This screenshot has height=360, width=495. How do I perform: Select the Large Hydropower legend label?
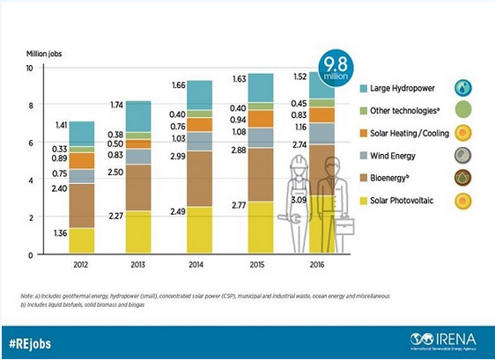(x=404, y=89)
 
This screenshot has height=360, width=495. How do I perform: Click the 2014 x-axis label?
(x=200, y=263)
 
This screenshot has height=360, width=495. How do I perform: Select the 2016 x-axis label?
(x=318, y=263)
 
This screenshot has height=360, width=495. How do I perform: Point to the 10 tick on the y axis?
(x=30, y=68)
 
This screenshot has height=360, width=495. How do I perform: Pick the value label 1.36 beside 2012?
(x=60, y=233)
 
